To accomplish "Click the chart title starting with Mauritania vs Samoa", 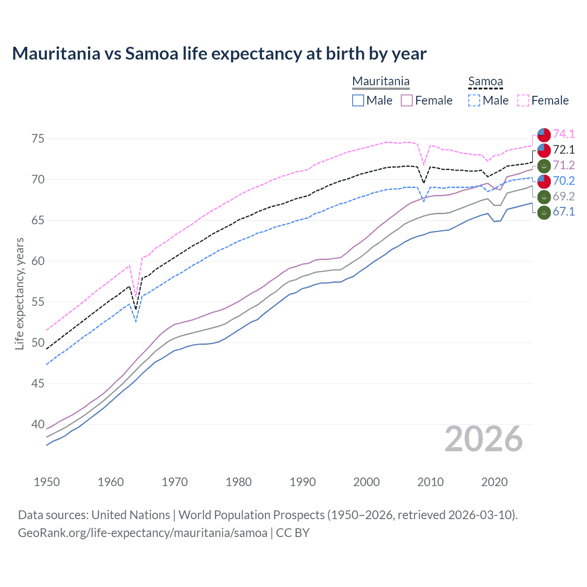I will click(219, 54).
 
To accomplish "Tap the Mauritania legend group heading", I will click(381, 82).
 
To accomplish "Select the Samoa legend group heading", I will click(485, 82).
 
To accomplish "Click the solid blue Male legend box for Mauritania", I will click(358, 100).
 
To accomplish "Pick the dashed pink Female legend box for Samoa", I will click(523, 100).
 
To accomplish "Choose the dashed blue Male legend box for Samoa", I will click(474, 100).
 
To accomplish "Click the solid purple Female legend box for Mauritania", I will click(407, 100).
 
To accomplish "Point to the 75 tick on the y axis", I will click(38, 138).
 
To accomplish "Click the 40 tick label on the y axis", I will click(38, 424).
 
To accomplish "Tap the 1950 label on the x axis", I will click(47, 482).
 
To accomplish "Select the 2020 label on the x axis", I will click(494, 482).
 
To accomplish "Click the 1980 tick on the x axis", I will click(238, 482).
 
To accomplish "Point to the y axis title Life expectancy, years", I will click(19, 293).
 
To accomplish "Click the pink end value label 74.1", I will click(564, 134).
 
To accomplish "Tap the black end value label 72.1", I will click(564, 150).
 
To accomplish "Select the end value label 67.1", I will click(564, 212).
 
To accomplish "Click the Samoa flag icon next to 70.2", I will click(544, 181).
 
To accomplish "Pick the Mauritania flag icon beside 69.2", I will click(544, 197).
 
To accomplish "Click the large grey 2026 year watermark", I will click(484, 439).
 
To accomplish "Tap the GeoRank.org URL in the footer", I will click(143, 533).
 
